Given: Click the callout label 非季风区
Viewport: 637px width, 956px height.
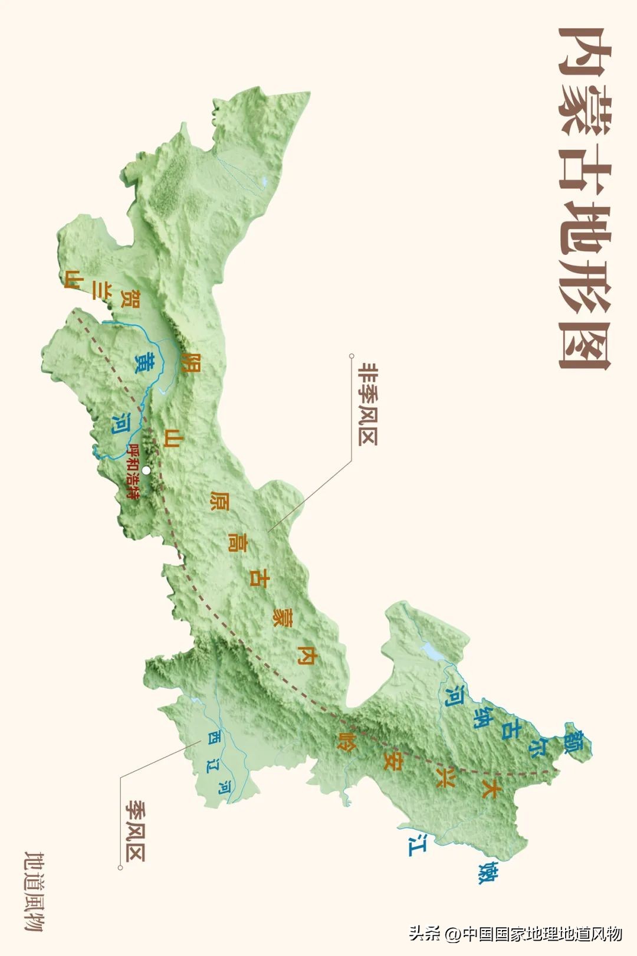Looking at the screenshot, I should (367, 404).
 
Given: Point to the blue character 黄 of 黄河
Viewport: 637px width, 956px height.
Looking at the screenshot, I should (145, 362).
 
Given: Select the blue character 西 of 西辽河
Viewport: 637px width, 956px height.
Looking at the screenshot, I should (213, 737).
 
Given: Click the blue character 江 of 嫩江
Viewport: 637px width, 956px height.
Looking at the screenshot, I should (417, 845).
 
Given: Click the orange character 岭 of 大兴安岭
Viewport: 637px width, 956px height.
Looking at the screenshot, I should (346, 741).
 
